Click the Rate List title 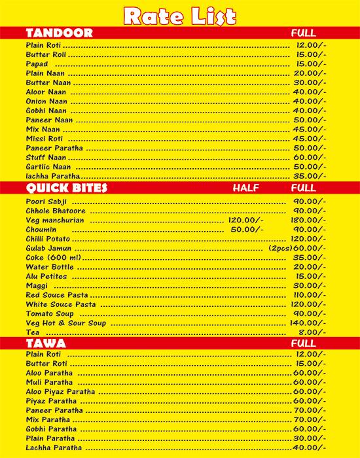(180, 15)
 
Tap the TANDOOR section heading (59, 33)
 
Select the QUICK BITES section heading (66, 188)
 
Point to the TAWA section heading (45, 343)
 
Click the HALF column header (246, 188)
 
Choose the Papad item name (37, 64)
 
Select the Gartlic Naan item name (48, 167)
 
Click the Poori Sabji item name (46, 202)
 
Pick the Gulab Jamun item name (49, 249)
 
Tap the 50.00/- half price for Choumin (247, 230)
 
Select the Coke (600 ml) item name (52, 258)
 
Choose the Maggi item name (37, 286)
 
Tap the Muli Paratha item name (49, 382)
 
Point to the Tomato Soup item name (50, 314)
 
